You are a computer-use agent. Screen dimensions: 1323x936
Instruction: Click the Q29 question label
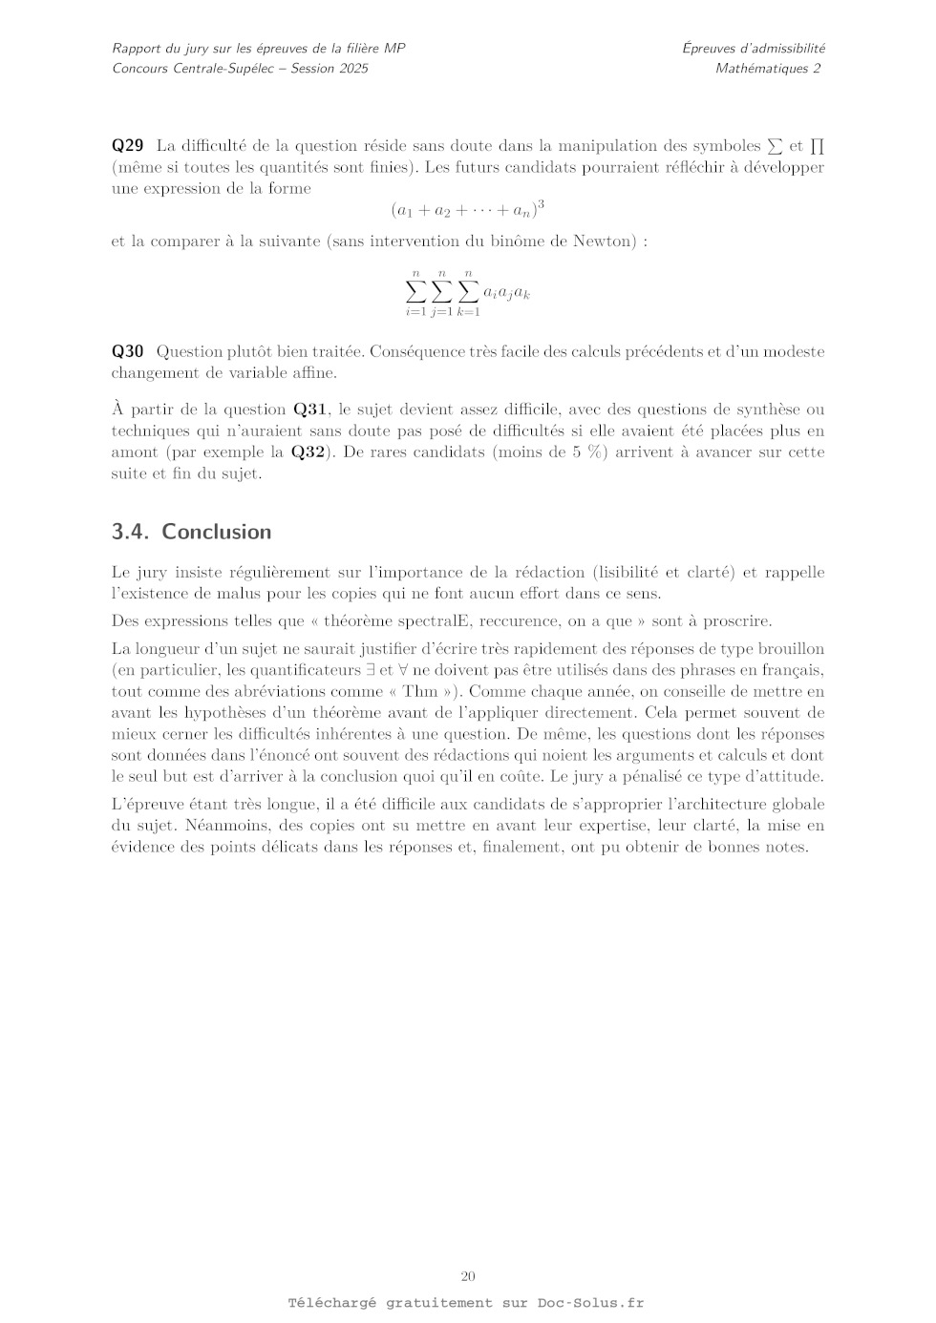click(x=127, y=146)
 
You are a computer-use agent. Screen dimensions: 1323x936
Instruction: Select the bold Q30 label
click(x=127, y=351)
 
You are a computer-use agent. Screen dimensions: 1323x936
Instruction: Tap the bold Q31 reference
click(x=310, y=409)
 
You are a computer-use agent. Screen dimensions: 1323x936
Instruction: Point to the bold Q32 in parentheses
click(x=308, y=451)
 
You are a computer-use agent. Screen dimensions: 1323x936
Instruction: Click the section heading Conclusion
click(x=217, y=532)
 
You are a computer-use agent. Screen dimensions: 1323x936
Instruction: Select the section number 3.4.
click(x=132, y=532)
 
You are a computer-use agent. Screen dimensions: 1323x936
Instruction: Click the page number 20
click(x=468, y=1276)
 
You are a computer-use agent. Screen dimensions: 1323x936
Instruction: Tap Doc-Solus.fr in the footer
click(x=590, y=1302)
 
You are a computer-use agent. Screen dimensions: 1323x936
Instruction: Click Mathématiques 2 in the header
click(x=768, y=68)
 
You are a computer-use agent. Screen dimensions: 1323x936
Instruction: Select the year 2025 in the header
click(x=351, y=68)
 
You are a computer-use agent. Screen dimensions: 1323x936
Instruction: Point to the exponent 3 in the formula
click(x=541, y=202)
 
